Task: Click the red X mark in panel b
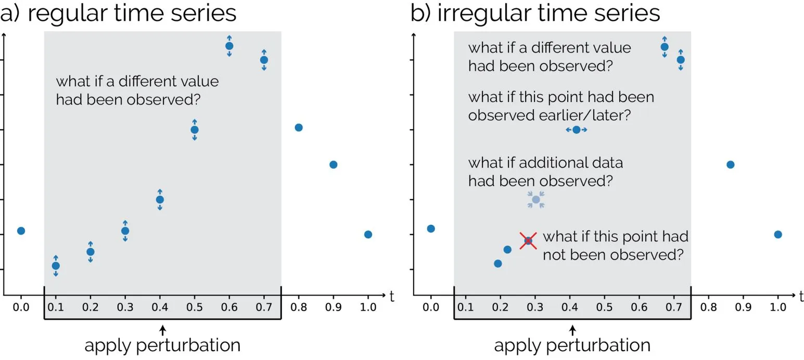click(528, 240)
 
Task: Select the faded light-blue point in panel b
click(536, 200)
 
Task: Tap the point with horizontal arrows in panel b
click(577, 130)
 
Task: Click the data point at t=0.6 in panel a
click(229, 46)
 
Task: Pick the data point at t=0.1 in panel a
click(56, 266)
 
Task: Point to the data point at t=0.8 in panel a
click(299, 127)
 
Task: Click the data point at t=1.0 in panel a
click(368, 235)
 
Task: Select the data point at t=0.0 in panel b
click(431, 228)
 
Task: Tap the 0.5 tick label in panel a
click(195, 307)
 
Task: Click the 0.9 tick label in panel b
click(743, 307)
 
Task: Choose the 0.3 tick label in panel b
click(535, 307)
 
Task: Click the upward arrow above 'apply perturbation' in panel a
click(162, 330)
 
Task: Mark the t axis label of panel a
click(392, 297)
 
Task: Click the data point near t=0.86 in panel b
click(731, 165)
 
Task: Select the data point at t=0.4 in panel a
click(160, 200)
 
